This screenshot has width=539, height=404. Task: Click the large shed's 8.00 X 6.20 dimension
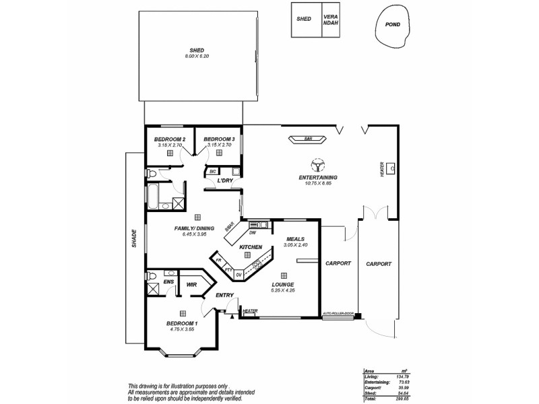(197, 56)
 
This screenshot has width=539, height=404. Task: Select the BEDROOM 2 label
(170, 139)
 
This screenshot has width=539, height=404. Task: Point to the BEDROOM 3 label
(218, 139)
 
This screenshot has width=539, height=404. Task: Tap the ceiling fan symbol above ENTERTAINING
(317, 164)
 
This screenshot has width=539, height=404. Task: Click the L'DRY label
(224, 180)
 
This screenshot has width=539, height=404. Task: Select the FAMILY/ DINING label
(194, 228)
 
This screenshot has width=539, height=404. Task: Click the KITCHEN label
(251, 247)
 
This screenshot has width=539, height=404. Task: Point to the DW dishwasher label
(253, 233)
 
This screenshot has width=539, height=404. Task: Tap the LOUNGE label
(283, 285)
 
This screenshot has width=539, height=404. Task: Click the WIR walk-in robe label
(191, 284)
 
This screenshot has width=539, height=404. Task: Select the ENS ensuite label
(170, 281)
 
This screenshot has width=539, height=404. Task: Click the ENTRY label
(224, 295)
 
